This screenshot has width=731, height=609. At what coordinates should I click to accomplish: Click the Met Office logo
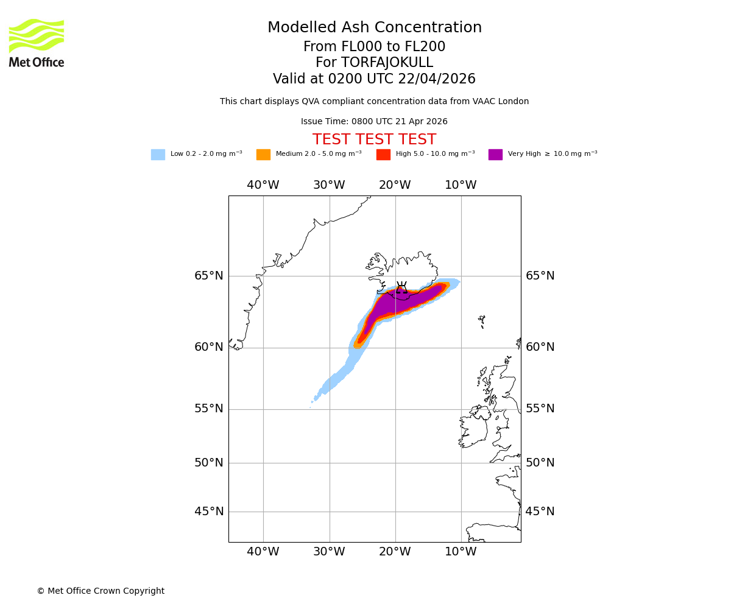click(x=37, y=43)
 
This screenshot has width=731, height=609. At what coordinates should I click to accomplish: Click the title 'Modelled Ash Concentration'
click(x=374, y=28)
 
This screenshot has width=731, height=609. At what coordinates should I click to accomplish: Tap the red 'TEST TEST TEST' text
click(x=374, y=140)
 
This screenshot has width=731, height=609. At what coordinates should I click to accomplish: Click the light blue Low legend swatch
click(x=158, y=155)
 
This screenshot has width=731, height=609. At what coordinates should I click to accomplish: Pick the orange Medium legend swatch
click(x=263, y=155)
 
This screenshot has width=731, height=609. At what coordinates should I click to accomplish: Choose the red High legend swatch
click(x=383, y=155)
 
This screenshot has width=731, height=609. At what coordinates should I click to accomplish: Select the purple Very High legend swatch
click(x=495, y=155)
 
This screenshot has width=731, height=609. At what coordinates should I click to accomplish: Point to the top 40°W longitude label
click(x=263, y=185)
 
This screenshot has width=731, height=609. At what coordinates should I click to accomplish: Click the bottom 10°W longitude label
click(x=461, y=552)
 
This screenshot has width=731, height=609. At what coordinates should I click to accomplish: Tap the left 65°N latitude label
click(x=209, y=276)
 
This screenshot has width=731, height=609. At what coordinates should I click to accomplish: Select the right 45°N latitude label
click(x=540, y=512)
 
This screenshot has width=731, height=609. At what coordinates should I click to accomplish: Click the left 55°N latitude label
click(x=209, y=409)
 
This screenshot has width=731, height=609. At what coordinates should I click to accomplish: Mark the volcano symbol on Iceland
click(x=401, y=287)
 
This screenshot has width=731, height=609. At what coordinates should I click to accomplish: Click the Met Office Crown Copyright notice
click(x=101, y=591)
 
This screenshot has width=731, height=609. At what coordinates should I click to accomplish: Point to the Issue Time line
click(x=374, y=122)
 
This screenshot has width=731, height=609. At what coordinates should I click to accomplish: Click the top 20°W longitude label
click(x=395, y=185)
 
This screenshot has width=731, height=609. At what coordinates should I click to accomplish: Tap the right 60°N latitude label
click(x=540, y=347)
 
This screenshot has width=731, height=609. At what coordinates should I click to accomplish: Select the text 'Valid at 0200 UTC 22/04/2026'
click(x=374, y=79)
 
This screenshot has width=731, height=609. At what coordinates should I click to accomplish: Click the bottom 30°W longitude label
click(x=329, y=552)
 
